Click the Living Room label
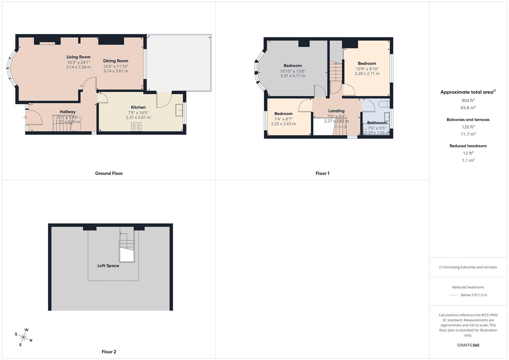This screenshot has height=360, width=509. tap(78, 57)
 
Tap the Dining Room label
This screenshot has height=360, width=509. tap(116, 61)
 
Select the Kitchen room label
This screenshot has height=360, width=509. tap(138, 107)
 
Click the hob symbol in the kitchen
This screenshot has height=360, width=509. tap(136, 127)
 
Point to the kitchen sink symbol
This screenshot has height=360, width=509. tap(179, 110)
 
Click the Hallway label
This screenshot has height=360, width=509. tap(68, 112)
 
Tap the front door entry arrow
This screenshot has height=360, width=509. tap(25, 117)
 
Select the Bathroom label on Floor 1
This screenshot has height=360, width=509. tap(377, 123)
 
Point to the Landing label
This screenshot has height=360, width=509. tap(336, 111)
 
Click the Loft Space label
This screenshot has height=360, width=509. tap(108, 266)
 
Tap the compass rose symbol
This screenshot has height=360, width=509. tap(24, 337)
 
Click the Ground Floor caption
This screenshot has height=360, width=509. tap(109, 173)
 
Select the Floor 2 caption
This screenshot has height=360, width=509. tap(109, 352)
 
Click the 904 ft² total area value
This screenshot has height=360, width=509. tap(468, 100)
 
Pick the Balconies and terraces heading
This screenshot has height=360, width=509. tap(468, 120)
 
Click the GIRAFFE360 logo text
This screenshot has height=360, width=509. tap(468, 345)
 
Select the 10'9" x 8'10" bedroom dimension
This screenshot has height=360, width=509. tap(367, 69)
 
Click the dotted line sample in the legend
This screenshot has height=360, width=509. tap(454, 295)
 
